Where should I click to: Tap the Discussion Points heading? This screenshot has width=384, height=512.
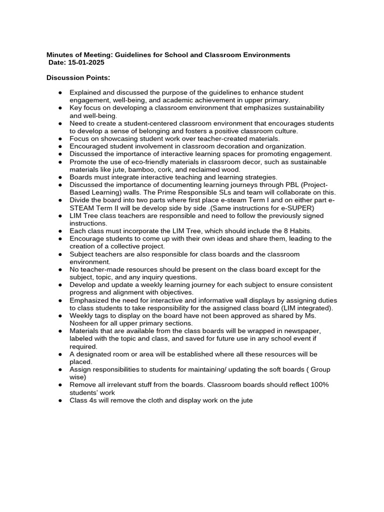coord(77,78)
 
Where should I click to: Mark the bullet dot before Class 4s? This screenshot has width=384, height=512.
coord(60,400)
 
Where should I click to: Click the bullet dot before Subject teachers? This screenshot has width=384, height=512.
coord(60,254)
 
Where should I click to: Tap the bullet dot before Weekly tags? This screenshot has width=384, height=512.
coord(60,316)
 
